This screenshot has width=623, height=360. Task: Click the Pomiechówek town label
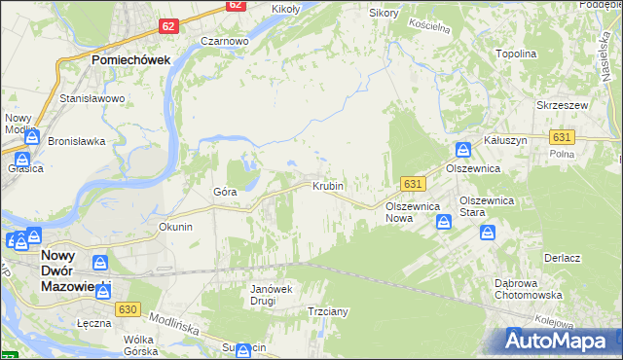pyautogui.click(x=131, y=59)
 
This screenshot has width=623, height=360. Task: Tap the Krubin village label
pyautogui.click(x=328, y=185)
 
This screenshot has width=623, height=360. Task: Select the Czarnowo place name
pyautogui.click(x=225, y=42)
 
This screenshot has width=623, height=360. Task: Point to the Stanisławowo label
pyautogui.click(x=93, y=99)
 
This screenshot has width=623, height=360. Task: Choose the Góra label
pyautogui.click(x=225, y=192)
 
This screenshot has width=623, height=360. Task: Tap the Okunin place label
pyautogui.click(x=176, y=226)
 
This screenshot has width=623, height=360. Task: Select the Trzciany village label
pyautogui.click(x=328, y=311)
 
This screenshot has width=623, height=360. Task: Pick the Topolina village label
pyautogui.click(x=517, y=54)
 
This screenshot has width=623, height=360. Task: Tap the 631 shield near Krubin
pyautogui.click(x=413, y=183)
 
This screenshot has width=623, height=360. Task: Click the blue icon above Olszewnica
pyautogui.click(x=463, y=150)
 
